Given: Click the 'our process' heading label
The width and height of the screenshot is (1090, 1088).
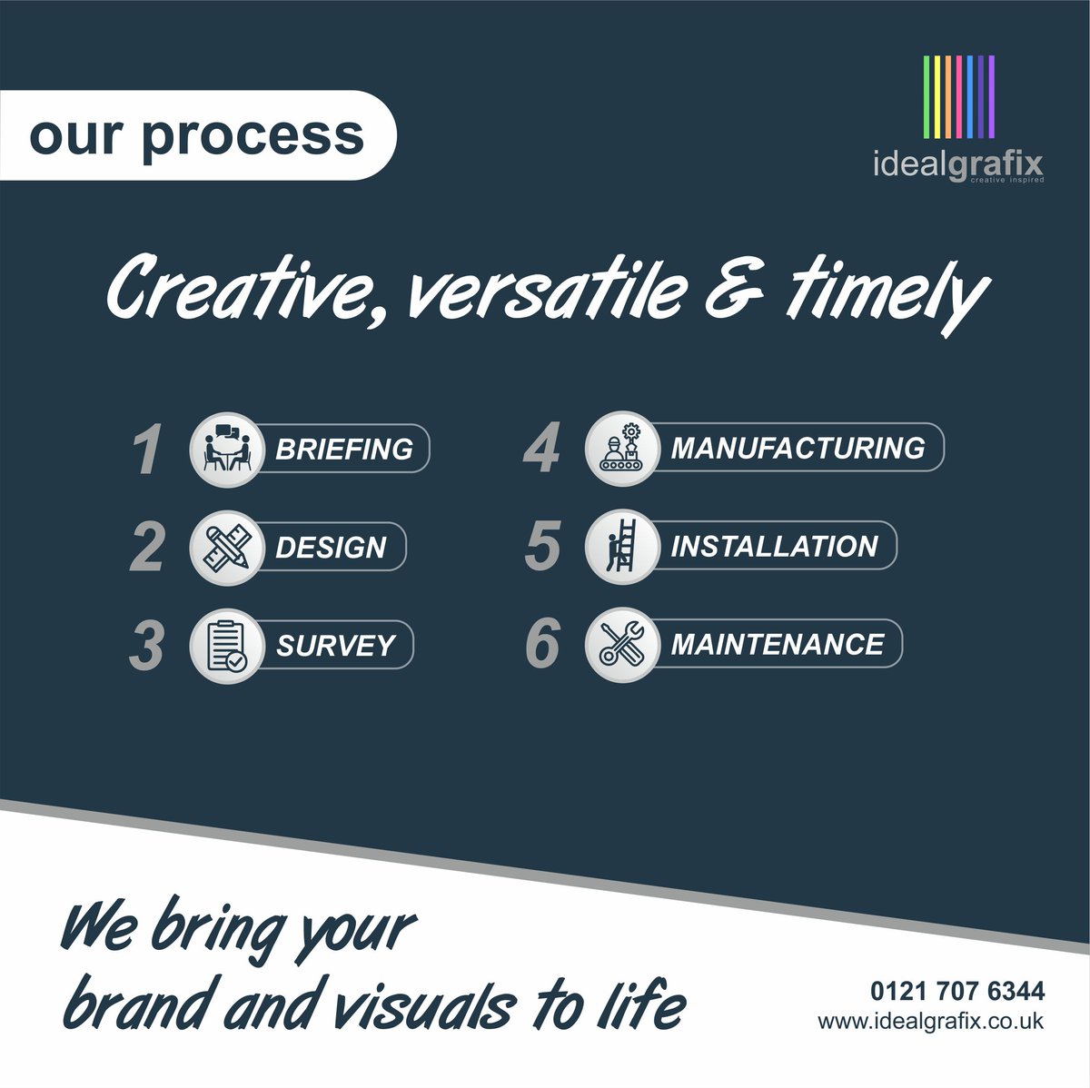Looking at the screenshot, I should pyautogui.click(x=196, y=135).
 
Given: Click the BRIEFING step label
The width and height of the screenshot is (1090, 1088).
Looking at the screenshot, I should pyautogui.click(x=343, y=449).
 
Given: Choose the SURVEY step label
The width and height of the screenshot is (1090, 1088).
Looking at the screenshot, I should pyautogui.click(x=335, y=646).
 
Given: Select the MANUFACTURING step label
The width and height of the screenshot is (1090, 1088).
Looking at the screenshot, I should pyautogui.click(x=798, y=448).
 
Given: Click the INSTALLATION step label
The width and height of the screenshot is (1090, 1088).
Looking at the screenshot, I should pyautogui.click(x=774, y=546).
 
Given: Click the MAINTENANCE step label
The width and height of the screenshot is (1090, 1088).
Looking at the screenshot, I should pyautogui.click(x=777, y=644).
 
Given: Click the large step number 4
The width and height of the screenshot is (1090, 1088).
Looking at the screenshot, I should pyautogui.click(x=542, y=450).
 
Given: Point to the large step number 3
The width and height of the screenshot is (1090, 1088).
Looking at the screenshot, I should pyautogui.click(x=146, y=646).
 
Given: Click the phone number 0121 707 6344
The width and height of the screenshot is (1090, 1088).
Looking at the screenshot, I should pyautogui.click(x=957, y=990).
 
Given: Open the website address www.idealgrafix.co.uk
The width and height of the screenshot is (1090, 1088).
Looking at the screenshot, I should pyautogui.click(x=931, y=1020).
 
